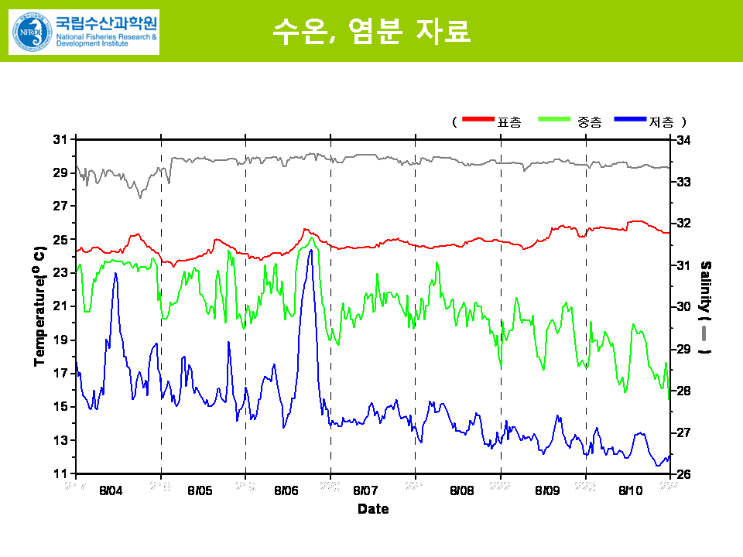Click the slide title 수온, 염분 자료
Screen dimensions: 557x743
[371, 31]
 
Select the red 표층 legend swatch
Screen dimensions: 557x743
[478, 119]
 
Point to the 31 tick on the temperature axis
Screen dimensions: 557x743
[60, 140]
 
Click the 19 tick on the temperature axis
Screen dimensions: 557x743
[60, 340]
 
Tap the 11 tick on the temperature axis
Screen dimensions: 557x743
[60, 473]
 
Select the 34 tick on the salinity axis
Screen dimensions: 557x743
[683, 140]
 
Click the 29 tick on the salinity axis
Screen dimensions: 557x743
[683, 349]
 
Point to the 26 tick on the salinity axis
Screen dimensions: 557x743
[683, 473]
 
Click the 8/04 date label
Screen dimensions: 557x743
[111, 490]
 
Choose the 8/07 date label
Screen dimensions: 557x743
[365, 490]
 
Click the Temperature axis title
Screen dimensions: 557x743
[39, 306]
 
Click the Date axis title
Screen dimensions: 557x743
[373, 509]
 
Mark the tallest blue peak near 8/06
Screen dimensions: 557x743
[311, 251]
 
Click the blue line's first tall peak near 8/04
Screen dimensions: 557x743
[115, 274]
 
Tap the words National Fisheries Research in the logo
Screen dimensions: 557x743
[105, 36]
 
